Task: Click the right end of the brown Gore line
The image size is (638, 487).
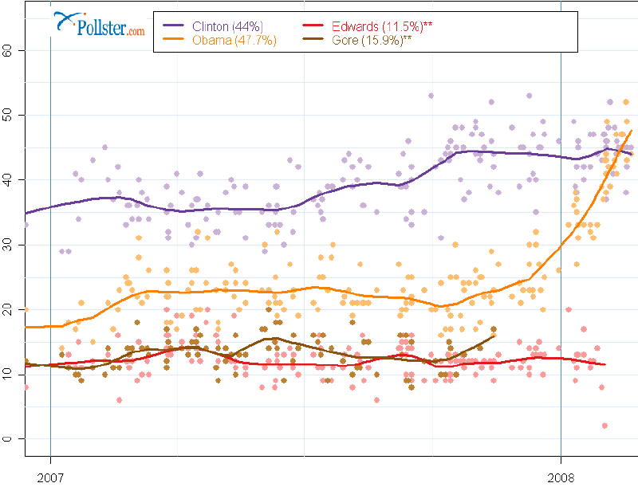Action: (495, 336)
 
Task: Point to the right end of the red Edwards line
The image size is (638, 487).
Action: (606, 364)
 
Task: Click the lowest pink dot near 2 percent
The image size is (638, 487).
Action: (605, 426)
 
